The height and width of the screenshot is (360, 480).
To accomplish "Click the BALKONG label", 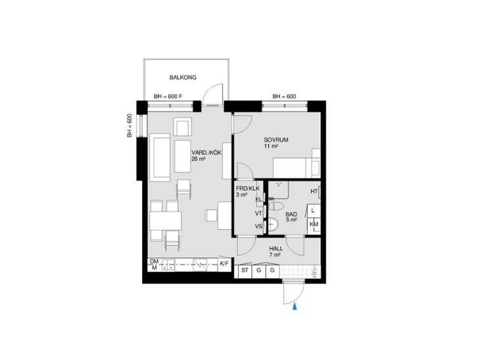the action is coord(183,78).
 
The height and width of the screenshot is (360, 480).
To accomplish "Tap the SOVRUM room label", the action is coord(276,140).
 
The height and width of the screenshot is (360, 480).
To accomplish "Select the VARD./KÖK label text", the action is coord(206,152).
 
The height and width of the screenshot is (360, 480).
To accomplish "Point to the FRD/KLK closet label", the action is coord(248,189).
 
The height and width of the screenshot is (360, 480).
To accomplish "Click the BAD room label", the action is coord(291,214).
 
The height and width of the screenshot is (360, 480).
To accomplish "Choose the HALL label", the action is coord(276,249).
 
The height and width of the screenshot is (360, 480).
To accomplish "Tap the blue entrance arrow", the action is coord(295,307).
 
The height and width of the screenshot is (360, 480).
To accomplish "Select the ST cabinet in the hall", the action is coord(245,271).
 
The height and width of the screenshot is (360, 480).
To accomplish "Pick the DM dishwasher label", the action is coord(154,261).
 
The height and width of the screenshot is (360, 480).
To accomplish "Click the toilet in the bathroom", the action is coord(276,206).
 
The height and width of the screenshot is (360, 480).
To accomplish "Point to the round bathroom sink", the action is coord(272,225).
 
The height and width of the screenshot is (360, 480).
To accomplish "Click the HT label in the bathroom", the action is coord(314,191).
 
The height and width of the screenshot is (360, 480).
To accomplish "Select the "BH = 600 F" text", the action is coord(168,97).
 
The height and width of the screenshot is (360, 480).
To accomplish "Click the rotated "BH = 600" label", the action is coord(130,125).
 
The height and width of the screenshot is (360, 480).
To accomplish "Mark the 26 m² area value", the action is coord(199,159).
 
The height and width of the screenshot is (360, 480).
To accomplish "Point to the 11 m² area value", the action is coord(271,146).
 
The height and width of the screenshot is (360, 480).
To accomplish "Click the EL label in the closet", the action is coord(259,200).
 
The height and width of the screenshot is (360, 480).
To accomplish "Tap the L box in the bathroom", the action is coord(314,211).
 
